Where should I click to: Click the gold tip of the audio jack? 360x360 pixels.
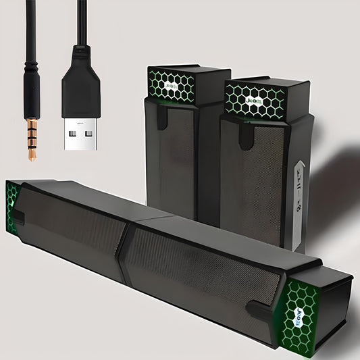(x=32, y=139)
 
